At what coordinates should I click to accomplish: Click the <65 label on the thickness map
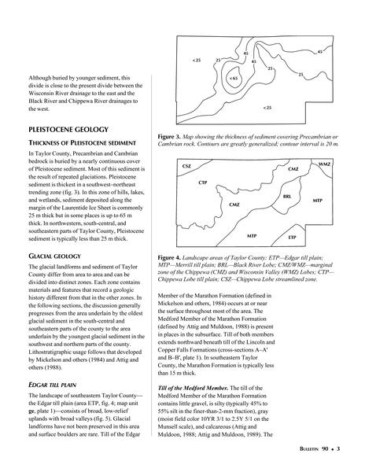tap(234, 79)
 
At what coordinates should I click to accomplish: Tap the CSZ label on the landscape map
tap(186, 166)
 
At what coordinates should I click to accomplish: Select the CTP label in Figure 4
tap(203, 183)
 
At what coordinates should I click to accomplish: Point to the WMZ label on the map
tap(324, 164)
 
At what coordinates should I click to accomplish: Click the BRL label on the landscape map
tap(287, 197)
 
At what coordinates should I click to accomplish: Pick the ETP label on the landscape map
tap(292, 238)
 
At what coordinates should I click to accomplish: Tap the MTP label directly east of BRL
tap(318, 201)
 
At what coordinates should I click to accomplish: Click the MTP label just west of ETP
tap(252, 236)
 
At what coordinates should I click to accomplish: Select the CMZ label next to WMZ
tap(293, 169)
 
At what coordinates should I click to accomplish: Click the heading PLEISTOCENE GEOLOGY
tap(68, 130)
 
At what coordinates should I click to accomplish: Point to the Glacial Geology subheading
tap(55, 256)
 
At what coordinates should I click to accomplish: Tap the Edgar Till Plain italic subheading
tap(53, 385)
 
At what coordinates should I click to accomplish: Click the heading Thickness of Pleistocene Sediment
tap(82, 142)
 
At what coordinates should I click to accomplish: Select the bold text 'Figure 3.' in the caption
tap(169, 137)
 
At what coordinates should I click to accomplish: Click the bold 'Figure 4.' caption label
tap(169, 258)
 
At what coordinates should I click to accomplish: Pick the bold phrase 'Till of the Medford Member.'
tap(193, 388)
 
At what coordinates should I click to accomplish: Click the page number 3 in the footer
tap(338, 449)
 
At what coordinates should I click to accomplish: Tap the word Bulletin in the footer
tap(308, 449)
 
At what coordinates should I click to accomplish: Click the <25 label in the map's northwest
tap(196, 61)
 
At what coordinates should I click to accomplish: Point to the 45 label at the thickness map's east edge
tap(320, 52)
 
